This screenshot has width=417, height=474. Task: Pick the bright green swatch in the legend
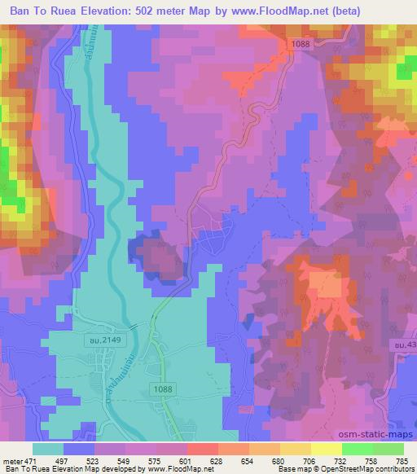(x=357, y=449)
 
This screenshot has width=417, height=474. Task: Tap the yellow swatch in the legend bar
(x=326, y=449)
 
